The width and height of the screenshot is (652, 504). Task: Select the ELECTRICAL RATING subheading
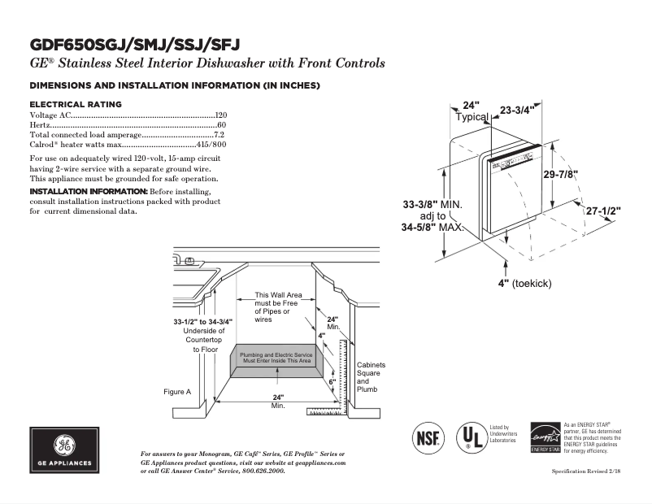[x=76, y=104]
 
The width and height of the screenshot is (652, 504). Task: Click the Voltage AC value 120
[x=220, y=115]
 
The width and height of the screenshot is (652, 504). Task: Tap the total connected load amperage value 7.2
[x=219, y=135]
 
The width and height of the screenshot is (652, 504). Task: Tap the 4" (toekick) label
[x=525, y=283]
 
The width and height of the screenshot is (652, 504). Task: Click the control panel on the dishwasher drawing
[x=514, y=161]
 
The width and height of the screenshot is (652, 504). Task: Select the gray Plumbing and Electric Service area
[x=276, y=358]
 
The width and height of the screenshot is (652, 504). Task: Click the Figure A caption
[x=177, y=392]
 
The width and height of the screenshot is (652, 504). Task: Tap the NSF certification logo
[x=428, y=437]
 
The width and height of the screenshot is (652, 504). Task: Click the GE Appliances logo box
[x=64, y=450]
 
